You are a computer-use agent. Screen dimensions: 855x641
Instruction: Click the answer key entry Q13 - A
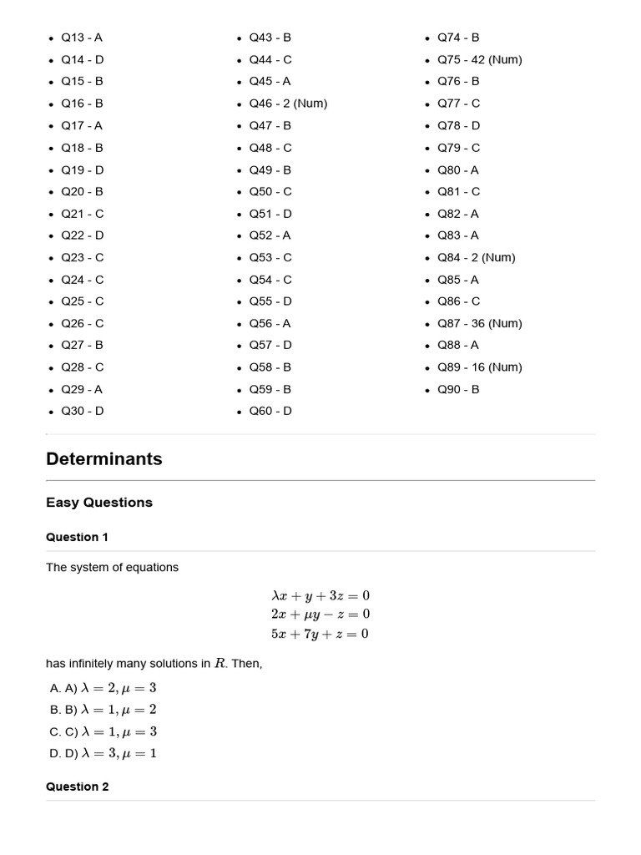[x=82, y=38]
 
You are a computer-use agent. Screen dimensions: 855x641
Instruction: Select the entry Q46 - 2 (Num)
[x=288, y=104]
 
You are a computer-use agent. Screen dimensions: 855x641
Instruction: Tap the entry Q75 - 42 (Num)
[x=479, y=59]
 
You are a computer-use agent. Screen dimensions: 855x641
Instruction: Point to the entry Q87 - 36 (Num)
[x=479, y=323]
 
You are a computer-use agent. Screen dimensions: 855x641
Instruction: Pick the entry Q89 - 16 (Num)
[x=479, y=367]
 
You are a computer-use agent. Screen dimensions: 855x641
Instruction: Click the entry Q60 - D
[x=270, y=411]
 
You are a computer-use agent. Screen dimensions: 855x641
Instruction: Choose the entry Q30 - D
[x=83, y=411]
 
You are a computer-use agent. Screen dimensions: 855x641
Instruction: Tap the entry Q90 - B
[x=458, y=389]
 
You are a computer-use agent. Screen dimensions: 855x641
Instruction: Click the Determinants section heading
[x=104, y=458]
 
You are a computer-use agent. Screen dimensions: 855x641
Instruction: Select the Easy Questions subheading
[x=99, y=503]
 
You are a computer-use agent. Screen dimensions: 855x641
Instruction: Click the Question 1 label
[x=77, y=537]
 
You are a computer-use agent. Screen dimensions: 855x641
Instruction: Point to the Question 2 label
[x=77, y=787]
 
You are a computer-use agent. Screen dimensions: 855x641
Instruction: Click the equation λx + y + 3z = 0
[x=320, y=595]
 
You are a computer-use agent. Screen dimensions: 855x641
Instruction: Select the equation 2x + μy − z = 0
[x=320, y=615]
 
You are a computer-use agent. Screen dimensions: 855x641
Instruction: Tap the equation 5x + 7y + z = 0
[x=320, y=634]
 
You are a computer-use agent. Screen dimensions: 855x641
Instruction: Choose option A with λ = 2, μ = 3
[x=103, y=688]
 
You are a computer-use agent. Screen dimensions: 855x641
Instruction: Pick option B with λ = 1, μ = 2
[x=103, y=710]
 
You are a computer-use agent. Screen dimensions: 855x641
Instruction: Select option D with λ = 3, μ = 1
[x=103, y=753]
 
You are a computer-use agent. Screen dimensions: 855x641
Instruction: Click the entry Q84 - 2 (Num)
[x=476, y=257]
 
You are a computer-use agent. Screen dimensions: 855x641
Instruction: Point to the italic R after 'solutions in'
[x=220, y=664]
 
